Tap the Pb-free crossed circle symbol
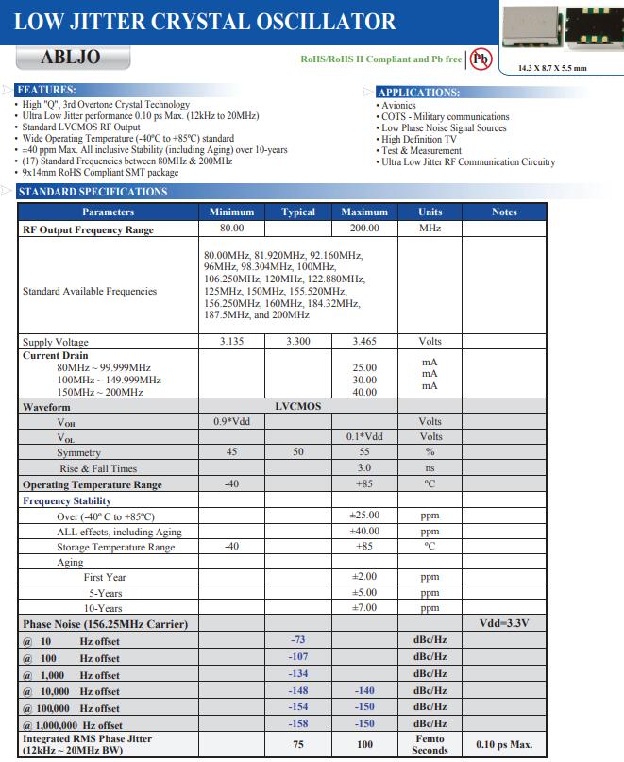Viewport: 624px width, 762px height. coord(481,59)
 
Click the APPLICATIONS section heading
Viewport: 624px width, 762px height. coord(418,93)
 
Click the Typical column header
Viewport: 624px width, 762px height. coord(298,212)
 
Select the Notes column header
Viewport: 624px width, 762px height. coord(504,212)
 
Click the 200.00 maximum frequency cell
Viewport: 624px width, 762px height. coord(364,229)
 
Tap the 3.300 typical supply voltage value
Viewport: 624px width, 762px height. coord(298,342)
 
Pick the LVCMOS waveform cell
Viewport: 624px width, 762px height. coord(298,407)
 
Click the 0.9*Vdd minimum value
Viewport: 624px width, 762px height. coord(231,422)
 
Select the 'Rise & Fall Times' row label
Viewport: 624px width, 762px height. coord(98,468)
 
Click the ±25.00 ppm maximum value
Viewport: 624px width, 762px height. coord(364,516)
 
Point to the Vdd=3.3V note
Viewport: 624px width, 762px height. coord(504,624)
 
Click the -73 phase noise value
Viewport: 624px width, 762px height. coord(298,640)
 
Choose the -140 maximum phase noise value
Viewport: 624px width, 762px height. coord(364,691)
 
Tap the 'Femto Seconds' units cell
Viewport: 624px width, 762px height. coord(430,744)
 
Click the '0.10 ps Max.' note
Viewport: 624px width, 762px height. coord(504,744)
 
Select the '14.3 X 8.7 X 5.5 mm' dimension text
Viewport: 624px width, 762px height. coord(553,68)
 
